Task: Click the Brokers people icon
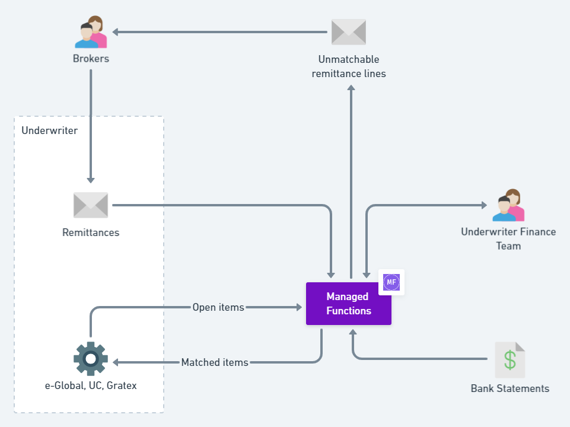(91, 33)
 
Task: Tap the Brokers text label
(91, 59)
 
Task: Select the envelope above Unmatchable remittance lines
(349, 32)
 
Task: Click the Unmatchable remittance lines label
(349, 66)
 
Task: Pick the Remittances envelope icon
(91, 205)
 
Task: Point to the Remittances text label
(91, 232)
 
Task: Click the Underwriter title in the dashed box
(49, 130)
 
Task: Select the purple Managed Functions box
(349, 304)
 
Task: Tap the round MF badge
(391, 282)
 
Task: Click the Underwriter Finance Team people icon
(508, 205)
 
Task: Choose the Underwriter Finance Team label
(508, 238)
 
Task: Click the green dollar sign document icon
(510, 360)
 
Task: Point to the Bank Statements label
(510, 388)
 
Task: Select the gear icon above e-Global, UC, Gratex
(91, 359)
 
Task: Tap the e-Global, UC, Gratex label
(91, 385)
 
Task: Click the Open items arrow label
(218, 307)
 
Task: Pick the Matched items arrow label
(215, 362)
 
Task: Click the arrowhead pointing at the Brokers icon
(116, 32)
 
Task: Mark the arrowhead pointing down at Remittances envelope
(91, 180)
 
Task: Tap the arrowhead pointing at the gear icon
(116, 362)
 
